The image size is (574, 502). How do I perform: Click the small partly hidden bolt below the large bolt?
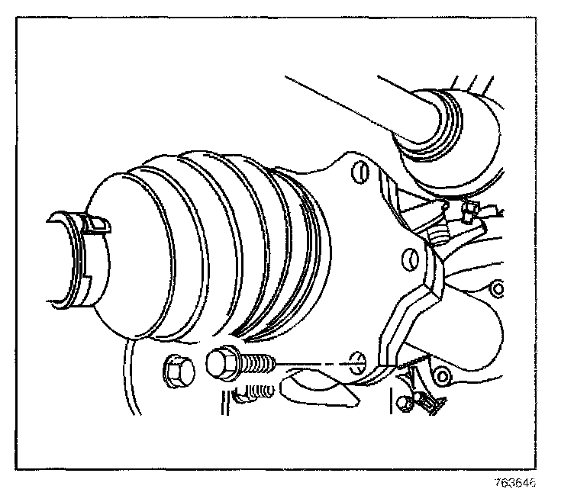(254, 394)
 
